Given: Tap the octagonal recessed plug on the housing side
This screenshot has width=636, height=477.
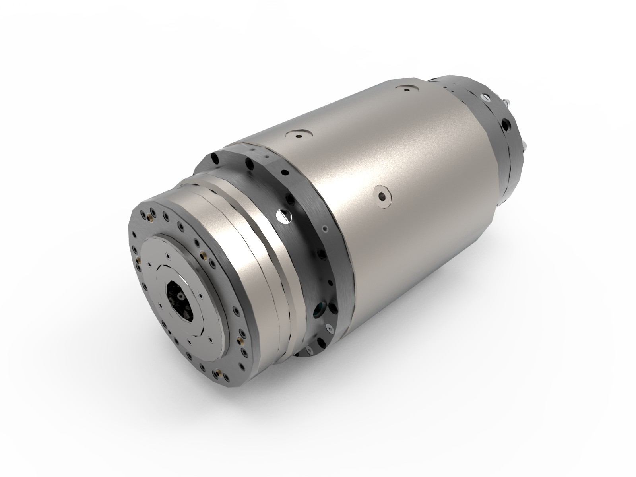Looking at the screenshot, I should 384,196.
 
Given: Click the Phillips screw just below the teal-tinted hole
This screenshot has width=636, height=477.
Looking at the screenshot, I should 329,328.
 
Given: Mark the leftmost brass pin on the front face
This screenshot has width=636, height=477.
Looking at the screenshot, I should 139,259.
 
